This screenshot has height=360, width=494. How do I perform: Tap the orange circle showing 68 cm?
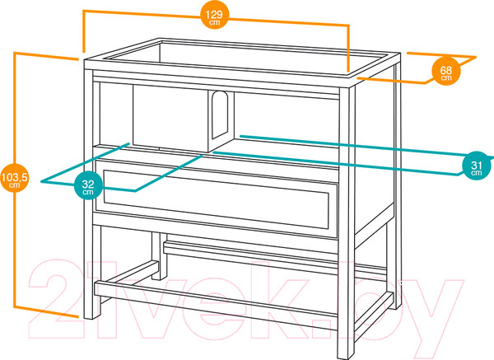point(445,71)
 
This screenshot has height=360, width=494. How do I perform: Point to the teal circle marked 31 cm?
point(476,166)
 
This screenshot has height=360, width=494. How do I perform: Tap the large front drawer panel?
point(216,198)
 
